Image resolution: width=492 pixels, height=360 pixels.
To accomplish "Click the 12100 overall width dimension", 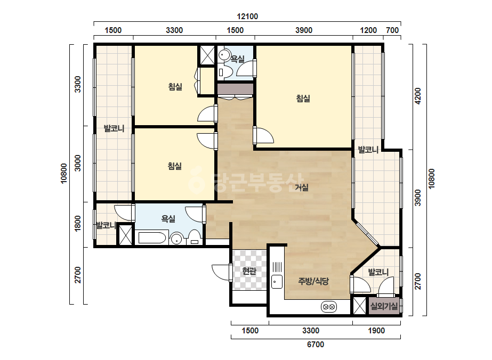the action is tap(247, 17).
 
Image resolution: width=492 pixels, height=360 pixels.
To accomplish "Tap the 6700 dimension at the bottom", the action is tap(316, 345).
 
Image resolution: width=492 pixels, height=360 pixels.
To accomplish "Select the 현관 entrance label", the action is tap(249, 271).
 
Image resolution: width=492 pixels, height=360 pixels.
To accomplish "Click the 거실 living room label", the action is tap(302, 187).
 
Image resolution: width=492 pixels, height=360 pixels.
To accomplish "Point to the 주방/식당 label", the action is tap(313, 281).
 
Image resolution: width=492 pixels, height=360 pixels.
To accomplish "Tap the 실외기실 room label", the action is tap(384, 306).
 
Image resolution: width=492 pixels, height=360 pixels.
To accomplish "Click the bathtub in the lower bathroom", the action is tap(152, 238).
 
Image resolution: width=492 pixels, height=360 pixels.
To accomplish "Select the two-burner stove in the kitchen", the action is tap(329, 307).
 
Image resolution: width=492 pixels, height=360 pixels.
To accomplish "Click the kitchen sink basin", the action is tap(277, 282).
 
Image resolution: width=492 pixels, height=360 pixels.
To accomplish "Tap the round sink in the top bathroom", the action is tap(224, 55).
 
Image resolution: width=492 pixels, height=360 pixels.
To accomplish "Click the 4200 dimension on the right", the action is tap(417, 96).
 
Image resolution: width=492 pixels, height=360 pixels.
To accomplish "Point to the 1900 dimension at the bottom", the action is tap(376, 331).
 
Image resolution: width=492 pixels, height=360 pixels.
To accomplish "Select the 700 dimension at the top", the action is tap(392, 30).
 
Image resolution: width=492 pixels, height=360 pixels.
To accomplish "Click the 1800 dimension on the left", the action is tap(77, 223).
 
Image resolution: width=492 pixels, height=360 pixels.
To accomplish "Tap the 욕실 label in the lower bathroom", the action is tap(168, 218).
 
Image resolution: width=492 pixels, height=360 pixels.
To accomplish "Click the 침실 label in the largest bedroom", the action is tap(303, 99).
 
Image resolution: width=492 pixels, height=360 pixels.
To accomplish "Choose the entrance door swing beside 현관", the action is tap(221, 271).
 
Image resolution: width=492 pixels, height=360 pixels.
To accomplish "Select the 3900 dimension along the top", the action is tap(304, 30).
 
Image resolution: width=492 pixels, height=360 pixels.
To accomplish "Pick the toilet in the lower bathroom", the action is tap(195, 237).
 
